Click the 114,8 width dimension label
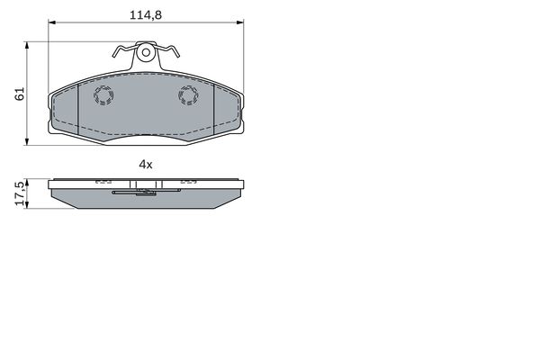[x=145, y=15]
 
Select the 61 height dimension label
[x=20, y=94]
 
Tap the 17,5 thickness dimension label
[x=20, y=193]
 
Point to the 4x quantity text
[x=145, y=165]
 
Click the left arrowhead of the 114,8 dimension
[x=51, y=22]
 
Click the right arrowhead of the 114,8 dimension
[x=240, y=22]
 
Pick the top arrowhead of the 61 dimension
[x=27, y=45]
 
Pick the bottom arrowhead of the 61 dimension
[x=27, y=141]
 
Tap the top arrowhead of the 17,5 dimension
[x=27, y=182]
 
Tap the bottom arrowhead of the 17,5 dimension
[x=27, y=205]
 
